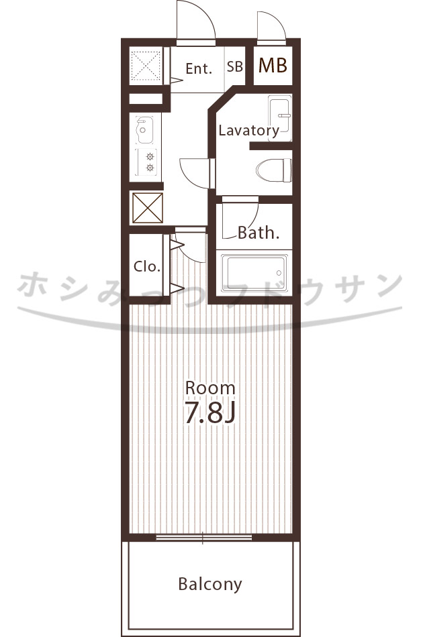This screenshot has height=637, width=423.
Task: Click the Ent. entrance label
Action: (x=199, y=68)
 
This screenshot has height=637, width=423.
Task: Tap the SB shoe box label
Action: (x=235, y=66)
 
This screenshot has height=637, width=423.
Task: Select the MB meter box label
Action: (x=273, y=66)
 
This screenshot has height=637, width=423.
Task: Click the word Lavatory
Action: (x=249, y=130)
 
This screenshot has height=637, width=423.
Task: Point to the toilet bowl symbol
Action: (x=274, y=170)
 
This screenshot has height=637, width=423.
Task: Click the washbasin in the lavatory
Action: (x=280, y=118)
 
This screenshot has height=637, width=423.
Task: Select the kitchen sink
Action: (x=144, y=130)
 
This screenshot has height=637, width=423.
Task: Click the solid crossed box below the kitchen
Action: (x=148, y=208)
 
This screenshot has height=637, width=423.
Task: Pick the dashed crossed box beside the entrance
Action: (x=146, y=66)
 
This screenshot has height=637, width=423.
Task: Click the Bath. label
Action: (x=258, y=233)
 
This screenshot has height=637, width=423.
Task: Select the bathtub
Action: (x=254, y=273)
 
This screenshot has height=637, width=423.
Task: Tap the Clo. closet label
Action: (x=147, y=266)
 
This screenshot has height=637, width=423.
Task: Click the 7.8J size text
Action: (x=210, y=412)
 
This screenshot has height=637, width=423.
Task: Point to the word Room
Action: (x=210, y=388)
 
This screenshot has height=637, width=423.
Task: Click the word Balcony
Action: (x=210, y=584)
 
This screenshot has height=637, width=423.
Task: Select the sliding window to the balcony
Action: (x=204, y=538)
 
